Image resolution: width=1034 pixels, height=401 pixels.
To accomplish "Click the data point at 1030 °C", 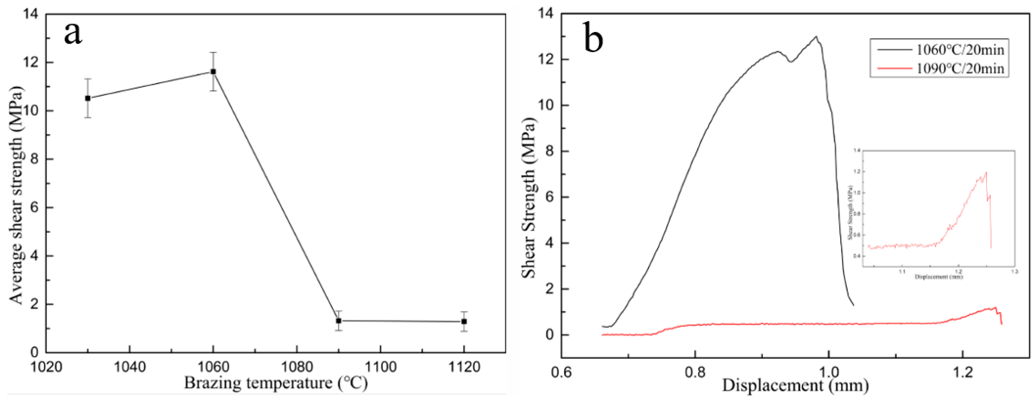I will point(88,98).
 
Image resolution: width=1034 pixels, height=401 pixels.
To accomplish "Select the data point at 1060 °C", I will point(213,72).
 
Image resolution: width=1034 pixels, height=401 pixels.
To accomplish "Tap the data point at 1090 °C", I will point(339,320).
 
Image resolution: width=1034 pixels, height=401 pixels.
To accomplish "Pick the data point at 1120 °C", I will point(464,321).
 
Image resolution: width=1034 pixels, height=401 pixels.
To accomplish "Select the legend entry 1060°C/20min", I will point(960,50).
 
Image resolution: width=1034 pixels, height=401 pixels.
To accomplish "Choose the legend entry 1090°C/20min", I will point(960,68).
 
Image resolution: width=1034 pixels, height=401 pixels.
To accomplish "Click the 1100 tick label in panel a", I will point(380,367).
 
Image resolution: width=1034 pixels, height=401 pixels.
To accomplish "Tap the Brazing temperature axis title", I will point(276,383).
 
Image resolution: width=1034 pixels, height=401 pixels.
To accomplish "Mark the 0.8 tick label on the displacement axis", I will point(695,373).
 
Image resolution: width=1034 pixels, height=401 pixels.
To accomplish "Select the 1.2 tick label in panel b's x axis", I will point(963,373).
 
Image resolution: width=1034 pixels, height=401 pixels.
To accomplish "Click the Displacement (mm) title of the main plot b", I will point(795,386).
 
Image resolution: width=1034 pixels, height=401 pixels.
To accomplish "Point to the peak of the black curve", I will point(816,36).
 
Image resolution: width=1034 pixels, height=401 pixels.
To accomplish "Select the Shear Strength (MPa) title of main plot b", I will point(529,198).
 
